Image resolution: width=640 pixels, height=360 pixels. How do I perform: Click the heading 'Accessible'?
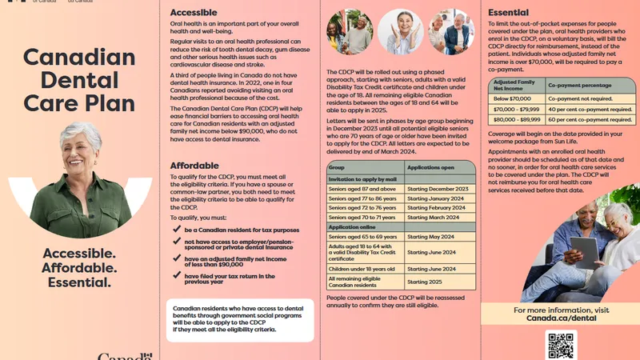point(194,13)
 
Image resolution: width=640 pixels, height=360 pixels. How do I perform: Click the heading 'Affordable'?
point(194,166)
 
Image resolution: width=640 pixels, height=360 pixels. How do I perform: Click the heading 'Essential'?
point(509,13)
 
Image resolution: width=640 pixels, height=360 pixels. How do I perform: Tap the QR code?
point(561,345)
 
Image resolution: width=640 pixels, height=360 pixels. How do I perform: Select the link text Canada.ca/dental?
point(561,318)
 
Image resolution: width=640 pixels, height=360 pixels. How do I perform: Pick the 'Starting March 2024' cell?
point(437,217)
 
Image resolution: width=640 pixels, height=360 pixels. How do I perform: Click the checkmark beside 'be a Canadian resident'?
point(177,228)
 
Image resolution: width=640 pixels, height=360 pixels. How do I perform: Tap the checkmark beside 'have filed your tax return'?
point(177,276)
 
